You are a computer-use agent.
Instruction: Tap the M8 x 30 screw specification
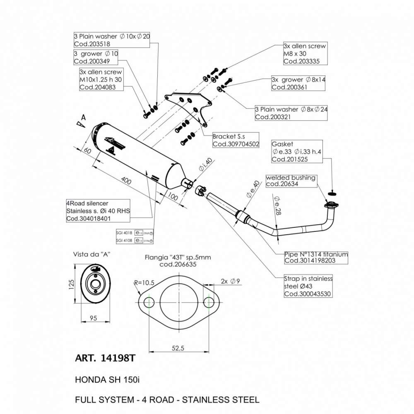pos(295,54)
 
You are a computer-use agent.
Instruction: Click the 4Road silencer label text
pos(87,203)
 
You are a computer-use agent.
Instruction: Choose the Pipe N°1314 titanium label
pos(316,254)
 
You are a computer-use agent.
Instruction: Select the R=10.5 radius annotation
pos(144,283)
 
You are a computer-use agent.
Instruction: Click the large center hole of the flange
pos(180,301)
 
